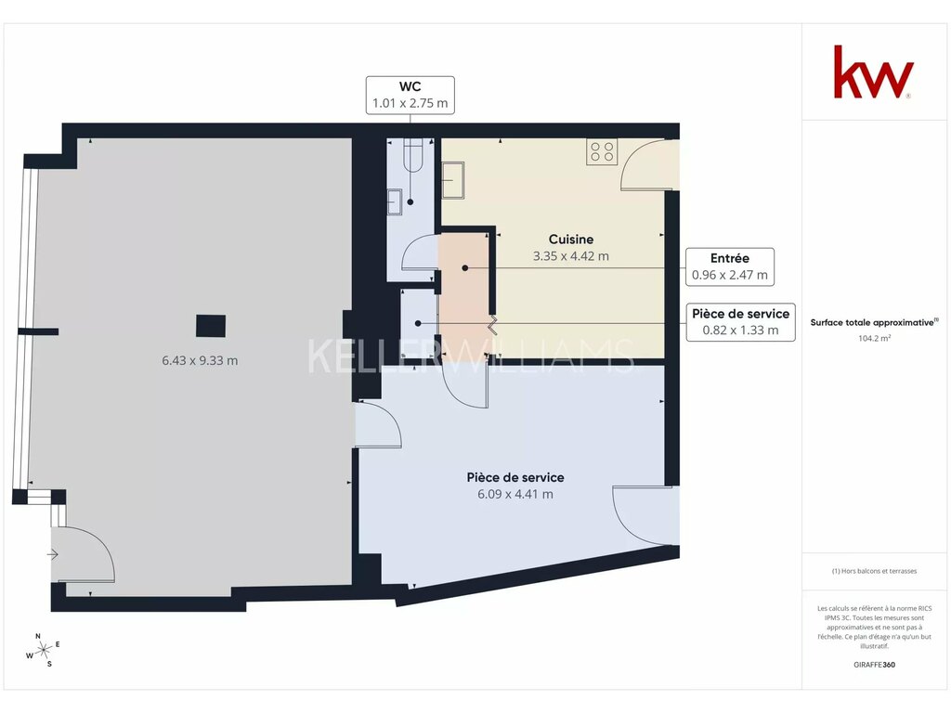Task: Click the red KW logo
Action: pos(873,71)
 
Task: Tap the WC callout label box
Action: pos(410,96)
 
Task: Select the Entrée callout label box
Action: pos(730,266)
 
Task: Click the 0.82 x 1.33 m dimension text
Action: pos(740,331)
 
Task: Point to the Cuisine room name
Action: pos(571,240)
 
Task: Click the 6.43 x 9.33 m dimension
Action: pos(200,361)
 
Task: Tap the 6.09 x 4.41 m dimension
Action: pos(515,494)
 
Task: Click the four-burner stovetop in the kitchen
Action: pos(602,151)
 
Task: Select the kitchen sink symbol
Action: pos(452,180)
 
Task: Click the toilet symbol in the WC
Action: pos(413,155)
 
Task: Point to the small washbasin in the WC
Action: pos(395,201)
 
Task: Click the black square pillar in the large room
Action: pos(211,326)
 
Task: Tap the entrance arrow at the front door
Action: pos(53,554)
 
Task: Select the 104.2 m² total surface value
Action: pos(874,339)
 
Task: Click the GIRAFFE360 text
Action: pos(874,665)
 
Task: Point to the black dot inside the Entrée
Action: pos(465,268)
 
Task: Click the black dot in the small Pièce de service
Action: pos(418,324)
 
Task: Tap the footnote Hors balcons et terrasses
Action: pos(874,571)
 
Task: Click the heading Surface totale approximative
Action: pos(874,322)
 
